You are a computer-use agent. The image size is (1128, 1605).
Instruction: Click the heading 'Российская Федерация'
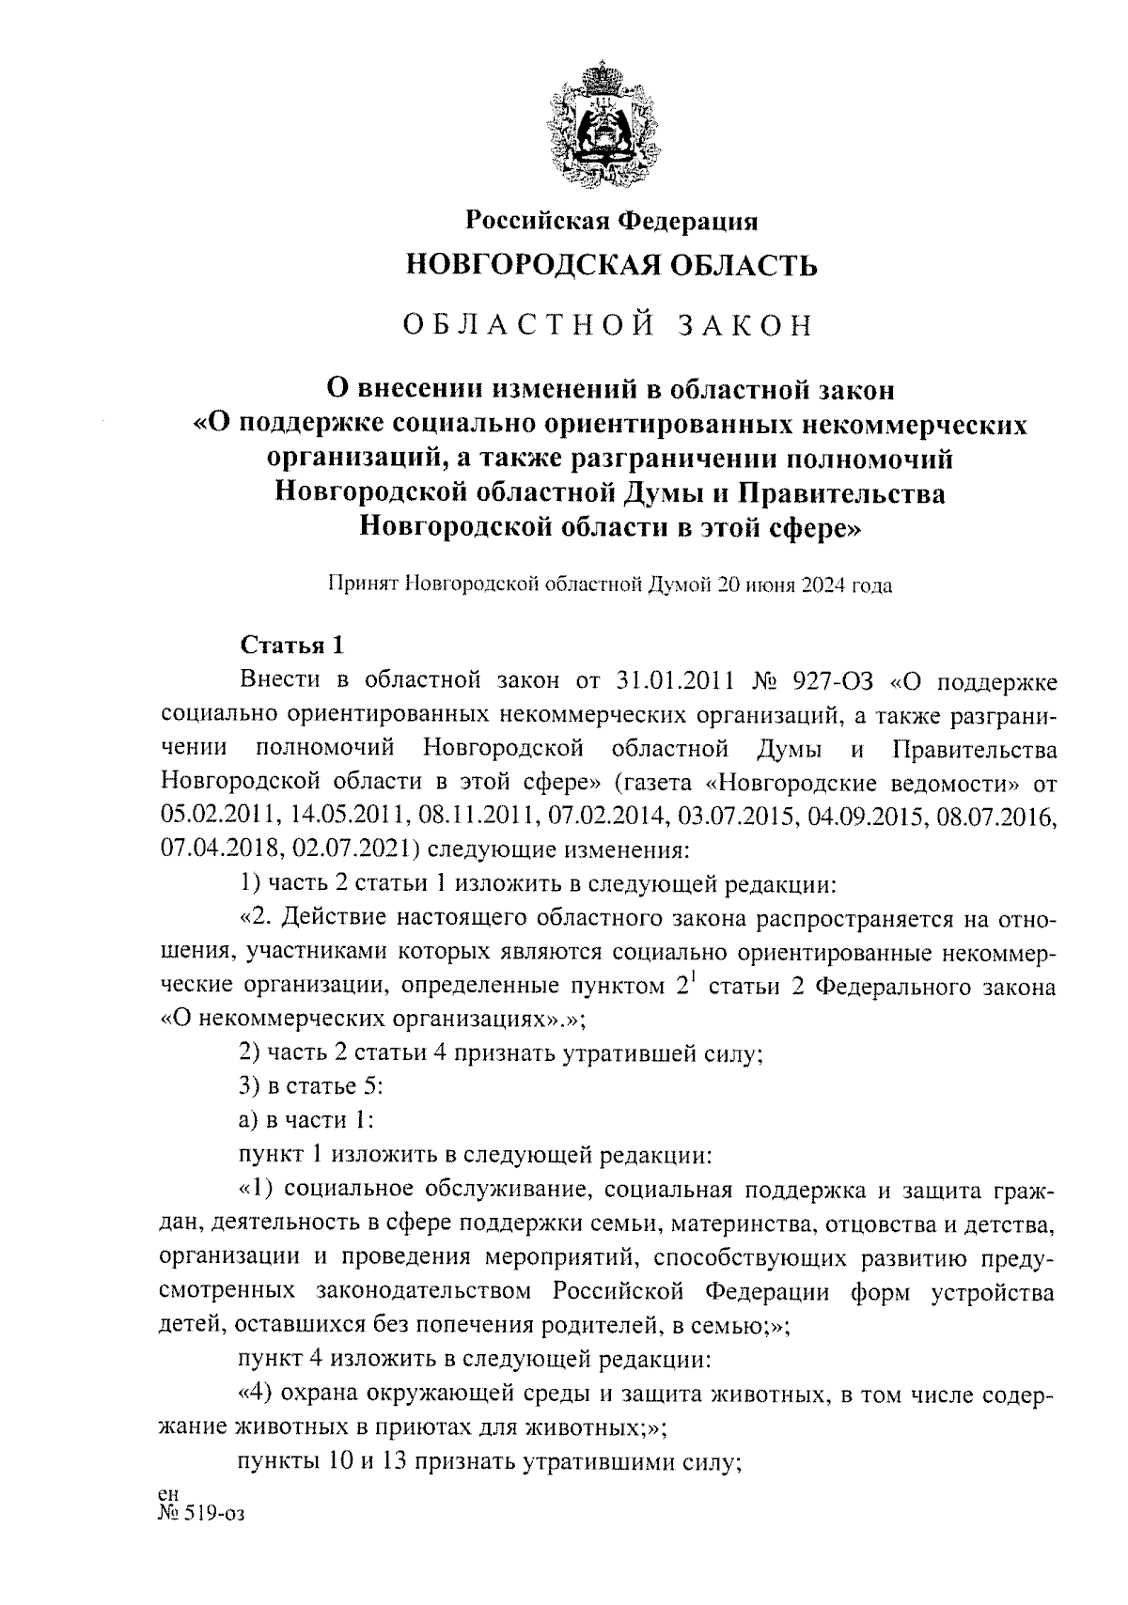click(x=612, y=221)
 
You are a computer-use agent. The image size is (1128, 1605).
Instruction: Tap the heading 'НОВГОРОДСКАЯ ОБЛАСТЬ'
click(x=612, y=267)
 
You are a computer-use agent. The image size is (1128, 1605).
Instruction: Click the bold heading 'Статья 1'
click(x=293, y=646)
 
